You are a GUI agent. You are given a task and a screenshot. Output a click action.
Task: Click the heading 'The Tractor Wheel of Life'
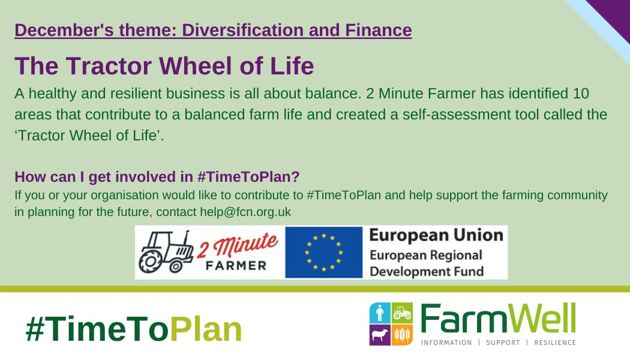pos(164,66)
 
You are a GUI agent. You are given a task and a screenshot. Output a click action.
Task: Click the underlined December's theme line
pos(213,29)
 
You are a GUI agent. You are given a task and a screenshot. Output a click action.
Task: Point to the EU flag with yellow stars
pos(323,253)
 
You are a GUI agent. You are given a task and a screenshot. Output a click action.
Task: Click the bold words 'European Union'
pos(436,235)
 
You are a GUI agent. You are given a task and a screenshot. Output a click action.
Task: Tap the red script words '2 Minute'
pos(242,245)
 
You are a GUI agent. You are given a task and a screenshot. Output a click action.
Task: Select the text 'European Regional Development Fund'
pos(426,263)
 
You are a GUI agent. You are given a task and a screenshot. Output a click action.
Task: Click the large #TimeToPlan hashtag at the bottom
pos(134,329)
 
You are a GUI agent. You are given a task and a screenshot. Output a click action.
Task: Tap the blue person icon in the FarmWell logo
pos(379,313)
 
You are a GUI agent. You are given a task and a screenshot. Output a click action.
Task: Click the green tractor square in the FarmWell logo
pos(401,313)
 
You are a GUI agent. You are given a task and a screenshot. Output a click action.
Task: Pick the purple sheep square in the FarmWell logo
pos(379,334)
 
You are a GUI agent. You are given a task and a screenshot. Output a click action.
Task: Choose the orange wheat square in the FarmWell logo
pos(401,334)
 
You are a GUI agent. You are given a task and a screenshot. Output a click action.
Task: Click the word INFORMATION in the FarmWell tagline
pos(447,342)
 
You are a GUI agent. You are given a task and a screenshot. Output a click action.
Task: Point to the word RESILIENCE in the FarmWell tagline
pos(553,342)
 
